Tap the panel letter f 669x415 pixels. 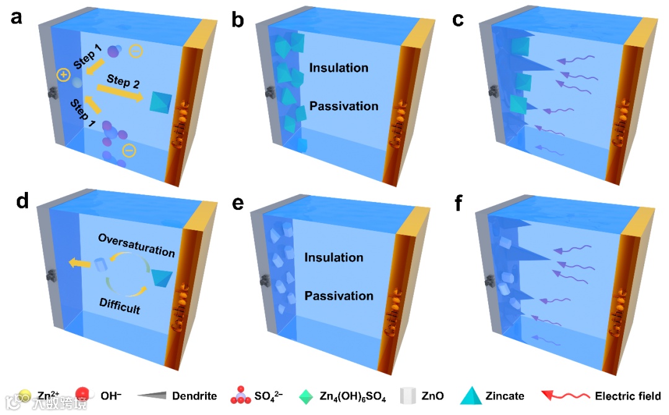(460, 203)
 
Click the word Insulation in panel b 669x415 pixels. (339, 68)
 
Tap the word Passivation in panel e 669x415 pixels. (339, 295)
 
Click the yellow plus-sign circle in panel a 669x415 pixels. (63, 76)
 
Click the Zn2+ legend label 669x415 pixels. (48, 396)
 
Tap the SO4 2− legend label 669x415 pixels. (271, 396)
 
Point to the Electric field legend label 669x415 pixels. (627, 396)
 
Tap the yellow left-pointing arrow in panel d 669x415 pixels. (77, 264)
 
